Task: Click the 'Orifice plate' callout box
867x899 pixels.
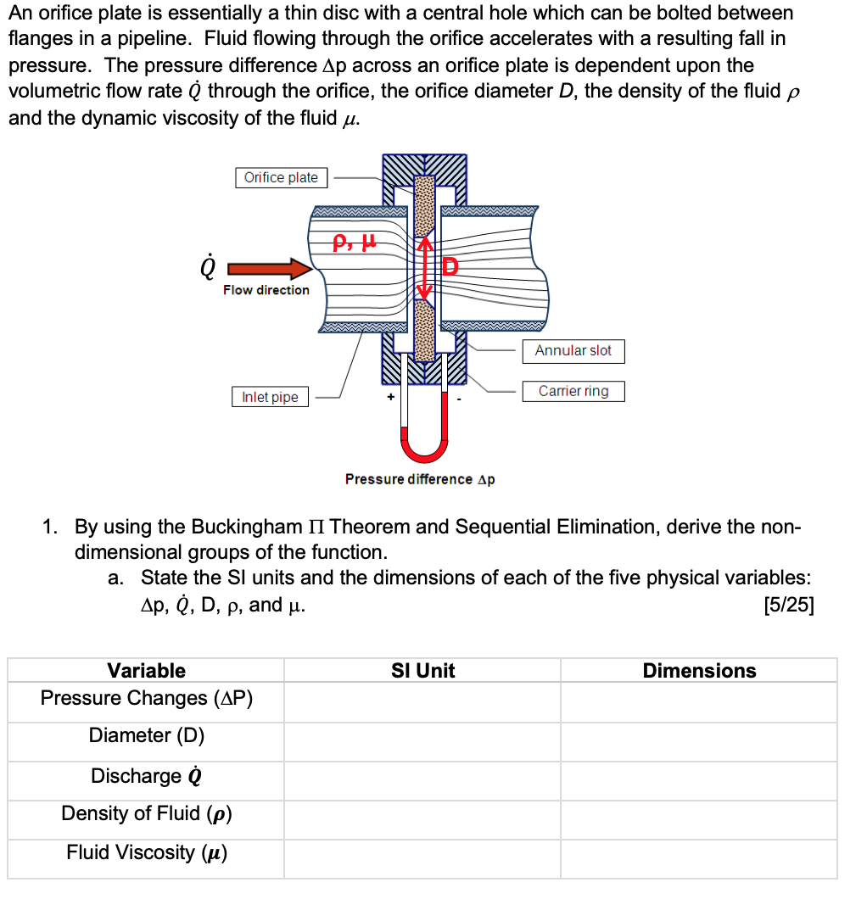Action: [281, 177]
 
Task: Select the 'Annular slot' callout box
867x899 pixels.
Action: [573, 350]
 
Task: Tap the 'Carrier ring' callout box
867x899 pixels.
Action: [573, 391]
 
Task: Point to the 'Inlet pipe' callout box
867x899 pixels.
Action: [270, 397]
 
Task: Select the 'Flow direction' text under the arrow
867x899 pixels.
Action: [266, 290]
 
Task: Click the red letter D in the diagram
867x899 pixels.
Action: [449, 268]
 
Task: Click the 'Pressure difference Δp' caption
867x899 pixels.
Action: [420, 479]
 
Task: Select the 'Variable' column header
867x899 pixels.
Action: [146, 671]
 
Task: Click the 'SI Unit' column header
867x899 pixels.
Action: [422, 671]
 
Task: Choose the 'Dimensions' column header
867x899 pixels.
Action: [699, 671]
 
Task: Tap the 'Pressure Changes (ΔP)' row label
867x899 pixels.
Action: [146, 698]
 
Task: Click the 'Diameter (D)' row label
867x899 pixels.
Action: [146, 735]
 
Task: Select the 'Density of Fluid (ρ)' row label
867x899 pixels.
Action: [146, 813]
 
